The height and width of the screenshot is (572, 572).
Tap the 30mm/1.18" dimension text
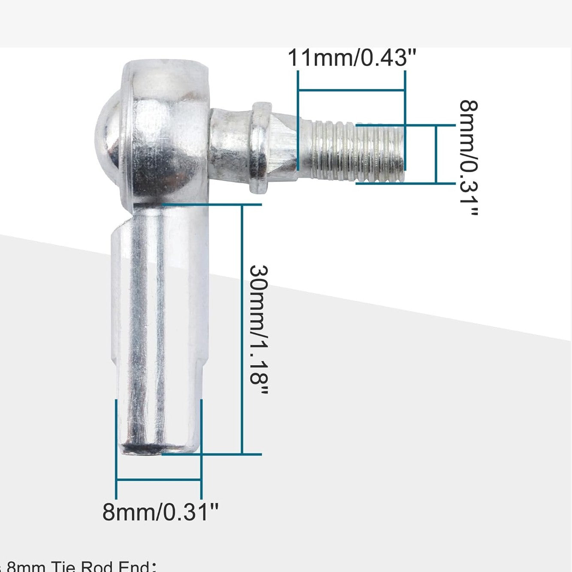[259, 330]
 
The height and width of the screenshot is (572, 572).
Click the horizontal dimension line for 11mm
[351, 90]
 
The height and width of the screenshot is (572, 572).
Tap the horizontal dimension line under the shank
[159, 480]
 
